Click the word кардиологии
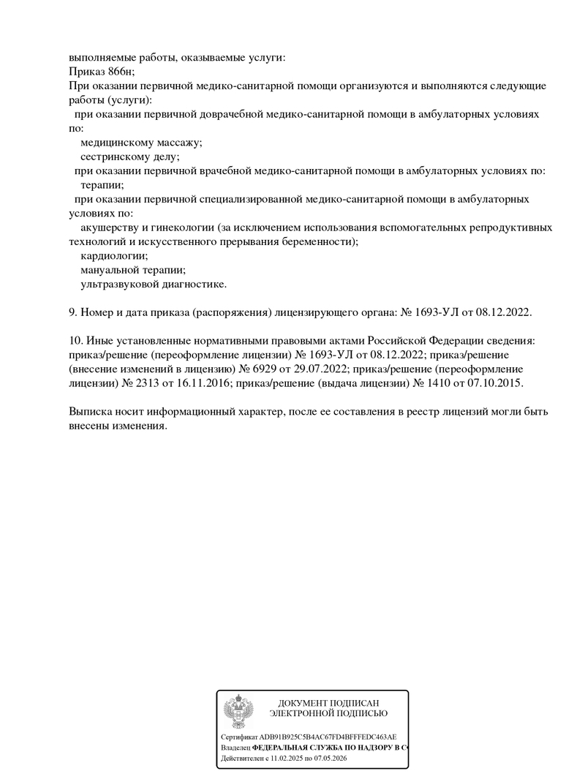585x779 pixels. pyautogui.click(x=114, y=256)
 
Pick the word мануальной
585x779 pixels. pyautogui.click(x=111, y=270)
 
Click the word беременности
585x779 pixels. pyautogui.click(x=320, y=241)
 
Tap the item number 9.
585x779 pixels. pyautogui.click(x=72, y=312)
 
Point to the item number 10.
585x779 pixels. pyautogui.click(x=75, y=341)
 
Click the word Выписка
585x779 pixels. pyautogui.click(x=91, y=412)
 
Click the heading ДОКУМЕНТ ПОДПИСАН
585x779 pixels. pyautogui.click(x=328, y=703)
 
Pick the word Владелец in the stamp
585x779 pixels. pyautogui.click(x=235, y=748)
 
